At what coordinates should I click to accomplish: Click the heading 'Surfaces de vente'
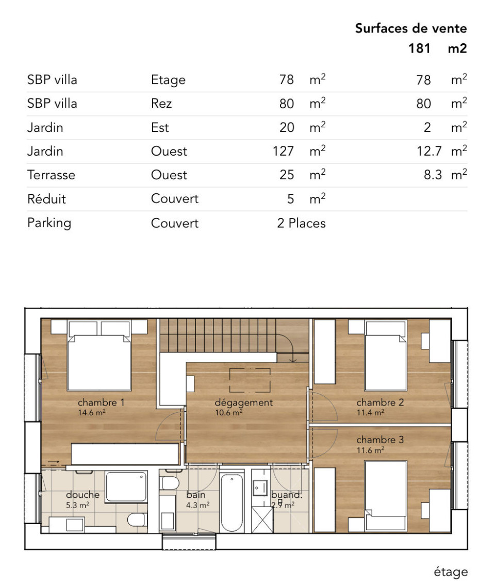point(411,28)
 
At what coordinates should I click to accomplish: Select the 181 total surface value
point(419,48)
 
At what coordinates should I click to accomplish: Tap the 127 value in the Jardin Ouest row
point(284,151)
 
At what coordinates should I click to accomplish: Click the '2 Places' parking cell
point(301,223)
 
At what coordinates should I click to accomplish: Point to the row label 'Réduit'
point(46,199)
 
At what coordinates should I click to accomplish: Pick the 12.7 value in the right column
point(429,151)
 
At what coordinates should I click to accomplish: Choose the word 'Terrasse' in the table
point(51,175)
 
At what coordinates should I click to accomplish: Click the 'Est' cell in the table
point(160,127)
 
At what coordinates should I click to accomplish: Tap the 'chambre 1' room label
point(101,402)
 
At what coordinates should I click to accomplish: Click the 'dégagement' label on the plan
point(243,403)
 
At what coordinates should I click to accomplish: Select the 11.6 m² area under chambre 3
point(370,450)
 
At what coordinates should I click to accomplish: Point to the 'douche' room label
point(82,495)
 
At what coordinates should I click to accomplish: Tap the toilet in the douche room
point(136,520)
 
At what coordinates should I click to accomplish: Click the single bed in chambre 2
point(386,356)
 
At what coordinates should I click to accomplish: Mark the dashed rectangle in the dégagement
point(250,380)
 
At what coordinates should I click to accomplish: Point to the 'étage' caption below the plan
point(451,572)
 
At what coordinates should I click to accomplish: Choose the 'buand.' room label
point(287,495)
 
